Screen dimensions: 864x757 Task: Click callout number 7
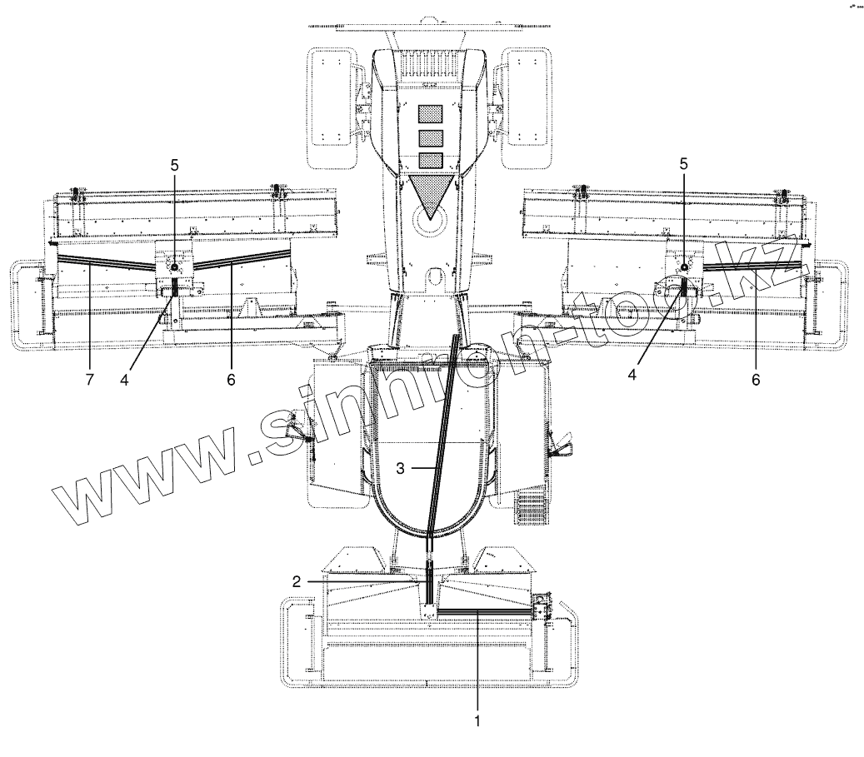[90, 379]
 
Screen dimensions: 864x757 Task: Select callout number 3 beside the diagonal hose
[400, 468]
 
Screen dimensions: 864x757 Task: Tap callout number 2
[297, 582]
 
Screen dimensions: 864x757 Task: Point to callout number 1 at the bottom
[477, 720]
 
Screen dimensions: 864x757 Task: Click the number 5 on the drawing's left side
[175, 165]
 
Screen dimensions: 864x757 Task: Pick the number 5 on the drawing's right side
[684, 163]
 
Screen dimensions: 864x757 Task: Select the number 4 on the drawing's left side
[124, 379]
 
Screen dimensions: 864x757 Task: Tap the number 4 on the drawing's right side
[632, 374]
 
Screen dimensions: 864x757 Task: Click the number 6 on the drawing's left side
[231, 379]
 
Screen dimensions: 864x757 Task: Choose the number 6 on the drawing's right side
[756, 379]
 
